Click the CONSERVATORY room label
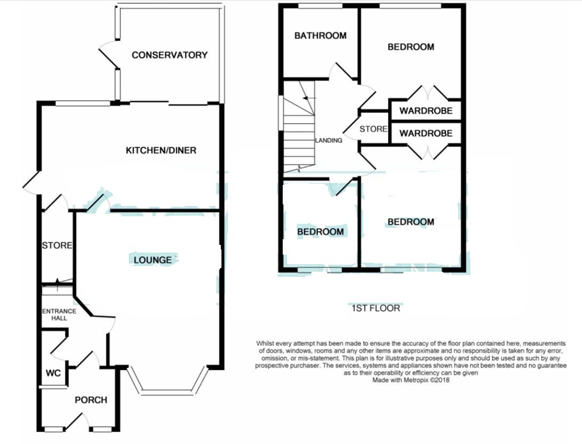coord(169,55)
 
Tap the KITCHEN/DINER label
coord(160,151)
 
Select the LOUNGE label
coord(153,260)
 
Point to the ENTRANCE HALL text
coord(59,314)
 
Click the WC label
coord(52,373)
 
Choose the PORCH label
coord(91,400)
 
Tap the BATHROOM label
coord(320,36)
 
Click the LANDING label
coord(328,140)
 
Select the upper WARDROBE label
coord(426,111)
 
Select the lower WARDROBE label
coord(426,133)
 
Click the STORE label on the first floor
coord(373,129)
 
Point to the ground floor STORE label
coord(57,246)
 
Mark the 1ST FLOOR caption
coord(376,308)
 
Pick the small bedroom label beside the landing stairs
coord(320,232)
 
